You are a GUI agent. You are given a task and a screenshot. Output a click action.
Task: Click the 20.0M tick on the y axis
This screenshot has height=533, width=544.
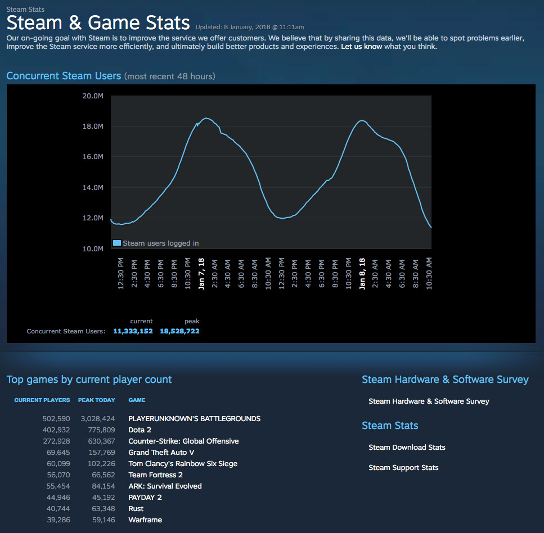coord(93,96)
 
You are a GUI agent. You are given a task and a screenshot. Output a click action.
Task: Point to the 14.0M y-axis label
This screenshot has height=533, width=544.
coord(93,188)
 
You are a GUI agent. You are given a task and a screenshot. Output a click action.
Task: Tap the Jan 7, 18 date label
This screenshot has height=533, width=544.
coord(201,274)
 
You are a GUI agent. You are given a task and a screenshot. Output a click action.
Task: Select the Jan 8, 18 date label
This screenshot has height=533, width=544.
coord(362,274)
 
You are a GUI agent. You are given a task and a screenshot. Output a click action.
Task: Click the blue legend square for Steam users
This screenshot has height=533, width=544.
coord(117,243)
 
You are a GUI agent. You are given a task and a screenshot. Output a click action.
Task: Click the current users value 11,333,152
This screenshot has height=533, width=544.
coord(133,331)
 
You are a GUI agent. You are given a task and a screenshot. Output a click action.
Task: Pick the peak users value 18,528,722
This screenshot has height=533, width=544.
coord(179,331)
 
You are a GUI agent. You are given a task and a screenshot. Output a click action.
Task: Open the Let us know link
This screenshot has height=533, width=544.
coord(361,47)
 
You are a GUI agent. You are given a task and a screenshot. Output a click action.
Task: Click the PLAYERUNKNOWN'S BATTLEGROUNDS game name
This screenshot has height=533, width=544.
coord(194,419)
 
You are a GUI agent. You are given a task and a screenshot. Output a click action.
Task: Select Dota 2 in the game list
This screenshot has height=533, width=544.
coord(140,430)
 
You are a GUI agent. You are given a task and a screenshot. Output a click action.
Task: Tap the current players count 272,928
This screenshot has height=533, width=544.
coord(56,441)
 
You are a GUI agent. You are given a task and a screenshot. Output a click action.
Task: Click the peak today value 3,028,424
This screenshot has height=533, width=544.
coord(98,419)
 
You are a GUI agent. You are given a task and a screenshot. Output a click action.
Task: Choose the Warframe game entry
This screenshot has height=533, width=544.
coord(145,520)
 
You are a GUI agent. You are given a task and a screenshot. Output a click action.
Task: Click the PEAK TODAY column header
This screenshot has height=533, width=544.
coord(97,400)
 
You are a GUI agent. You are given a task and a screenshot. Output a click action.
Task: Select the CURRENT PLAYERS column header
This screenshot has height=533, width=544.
coord(42,400)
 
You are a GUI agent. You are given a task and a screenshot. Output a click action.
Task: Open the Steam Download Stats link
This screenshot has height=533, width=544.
coord(407,448)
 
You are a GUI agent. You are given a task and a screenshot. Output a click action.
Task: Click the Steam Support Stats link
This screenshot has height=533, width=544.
coord(403,468)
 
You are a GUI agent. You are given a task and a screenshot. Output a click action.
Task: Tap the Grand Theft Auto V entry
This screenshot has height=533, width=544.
coord(161,453)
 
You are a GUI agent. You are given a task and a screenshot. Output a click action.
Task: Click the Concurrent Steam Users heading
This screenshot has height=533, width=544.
coord(64,76)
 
